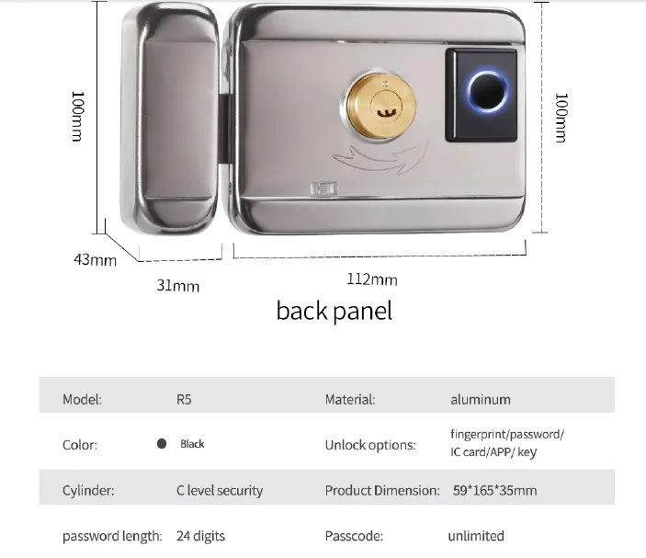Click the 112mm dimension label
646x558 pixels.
tap(371, 279)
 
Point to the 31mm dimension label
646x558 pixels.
tap(177, 286)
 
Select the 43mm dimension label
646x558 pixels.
tap(96, 259)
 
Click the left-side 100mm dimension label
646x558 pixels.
tap(79, 116)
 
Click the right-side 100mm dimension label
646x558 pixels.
tap(561, 116)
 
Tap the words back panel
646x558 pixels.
tap(334, 311)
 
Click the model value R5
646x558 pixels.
tap(184, 400)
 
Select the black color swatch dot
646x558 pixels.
tap(162, 444)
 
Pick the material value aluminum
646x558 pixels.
tap(480, 400)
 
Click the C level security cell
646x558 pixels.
tap(219, 490)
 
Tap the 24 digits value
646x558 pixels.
tap(200, 535)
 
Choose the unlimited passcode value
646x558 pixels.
tap(476, 535)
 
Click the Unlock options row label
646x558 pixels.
tap(370, 445)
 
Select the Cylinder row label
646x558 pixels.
tap(88, 490)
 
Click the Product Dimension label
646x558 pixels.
tap(381, 490)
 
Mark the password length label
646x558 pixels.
tap(112, 535)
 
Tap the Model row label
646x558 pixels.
tap(82, 400)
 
